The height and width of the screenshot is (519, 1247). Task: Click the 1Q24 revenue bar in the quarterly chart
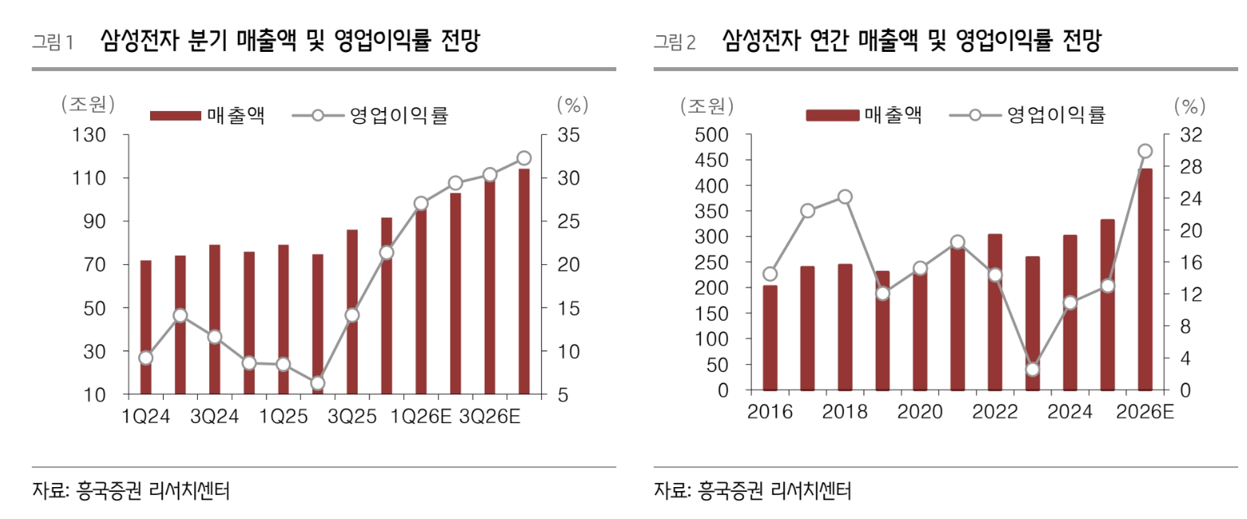(145, 327)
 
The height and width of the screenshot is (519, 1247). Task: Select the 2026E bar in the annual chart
(1145, 279)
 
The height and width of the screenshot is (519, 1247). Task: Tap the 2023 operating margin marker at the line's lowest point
(1032, 369)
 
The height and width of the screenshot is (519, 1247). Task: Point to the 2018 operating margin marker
(845, 197)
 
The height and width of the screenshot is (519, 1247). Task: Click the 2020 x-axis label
(920, 412)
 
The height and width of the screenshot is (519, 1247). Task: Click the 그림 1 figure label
(52, 42)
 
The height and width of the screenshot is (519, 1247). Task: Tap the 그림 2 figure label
(675, 42)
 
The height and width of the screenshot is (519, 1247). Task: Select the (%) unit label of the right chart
(1190, 104)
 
